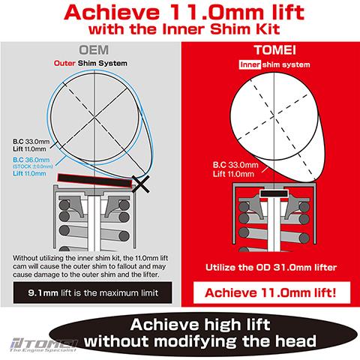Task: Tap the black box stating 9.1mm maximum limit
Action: click(90, 292)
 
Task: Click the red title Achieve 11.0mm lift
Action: click(179, 14)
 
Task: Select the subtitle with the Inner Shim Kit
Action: click(179, 34)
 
